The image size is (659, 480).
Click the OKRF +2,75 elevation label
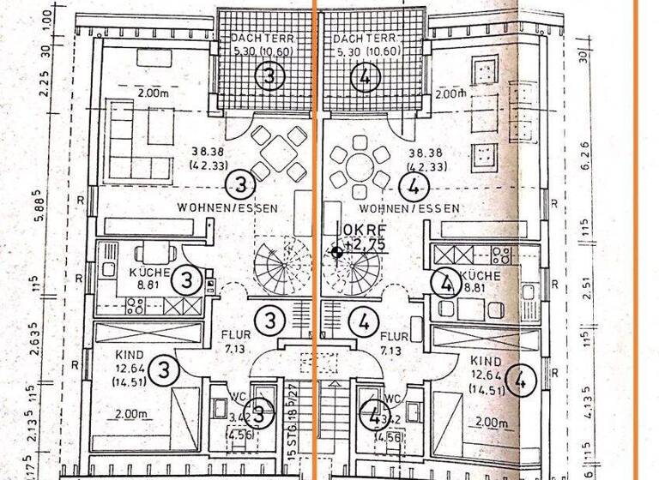coord(363,236)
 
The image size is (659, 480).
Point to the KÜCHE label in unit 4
coord(480,276)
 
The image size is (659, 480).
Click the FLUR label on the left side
coord(234,337)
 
